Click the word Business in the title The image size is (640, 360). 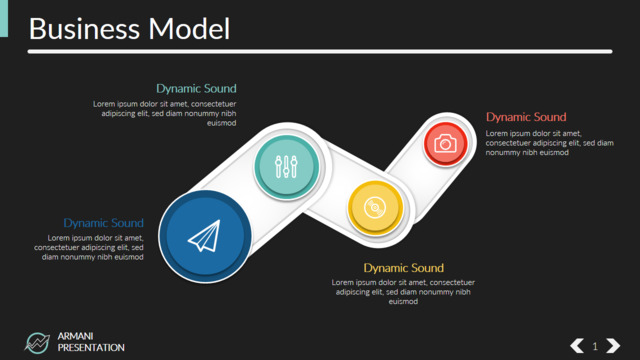click(84, 29)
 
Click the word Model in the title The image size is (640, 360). click(189, 29)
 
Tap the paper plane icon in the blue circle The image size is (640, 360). click(204, 236)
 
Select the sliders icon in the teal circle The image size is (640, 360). click(286, 167)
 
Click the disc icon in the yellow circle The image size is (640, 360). click(375, 207)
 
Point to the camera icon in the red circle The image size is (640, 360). click(445, 144)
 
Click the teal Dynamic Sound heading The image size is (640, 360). click(196, 89)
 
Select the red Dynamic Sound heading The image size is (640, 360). click(526, 117)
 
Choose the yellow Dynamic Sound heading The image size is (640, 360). click(404, 268)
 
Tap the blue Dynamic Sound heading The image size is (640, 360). click(104, 223)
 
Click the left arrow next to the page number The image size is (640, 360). click(577, 346)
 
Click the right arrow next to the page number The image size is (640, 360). click(613, 346)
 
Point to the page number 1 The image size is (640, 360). click(595, 346)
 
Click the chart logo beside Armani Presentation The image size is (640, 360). click(37, 342)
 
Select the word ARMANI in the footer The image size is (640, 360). click(76, 336)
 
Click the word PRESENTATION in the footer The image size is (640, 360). click(91, 348)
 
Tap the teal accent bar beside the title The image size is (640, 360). click(4, 18)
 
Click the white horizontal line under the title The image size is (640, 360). click(320, 51)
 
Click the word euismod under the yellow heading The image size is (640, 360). click(403, 302)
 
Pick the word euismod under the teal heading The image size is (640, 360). click(222, 123)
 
